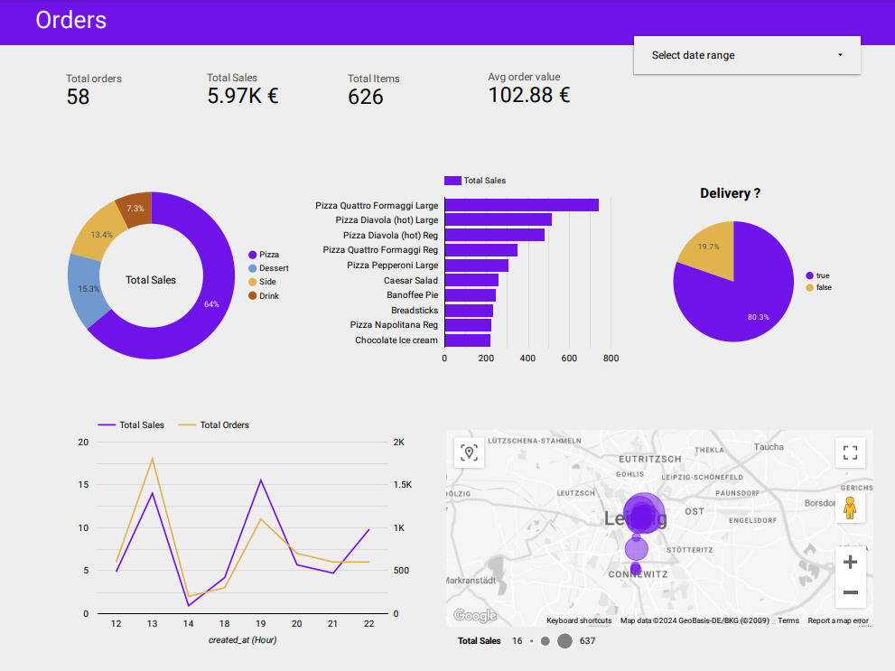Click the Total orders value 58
[x=78, y=98]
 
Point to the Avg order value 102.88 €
[x=528, y=95]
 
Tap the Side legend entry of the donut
[x=267, y=282]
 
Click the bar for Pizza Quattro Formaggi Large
[x=521, y=205]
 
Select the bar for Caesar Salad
[x=471, y=281]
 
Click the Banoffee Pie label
[x=412, y=295]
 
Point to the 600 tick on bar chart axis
[x=569, y=359]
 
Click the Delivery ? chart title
[x=730, y=193]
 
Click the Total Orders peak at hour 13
[x=152, y=459]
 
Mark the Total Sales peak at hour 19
[x=261, y=480]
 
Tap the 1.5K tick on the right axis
[x=402, y=485]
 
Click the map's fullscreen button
[x=849, y=452]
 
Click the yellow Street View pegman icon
[x=849, y=508]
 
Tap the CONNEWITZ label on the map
[x=638, y=574]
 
